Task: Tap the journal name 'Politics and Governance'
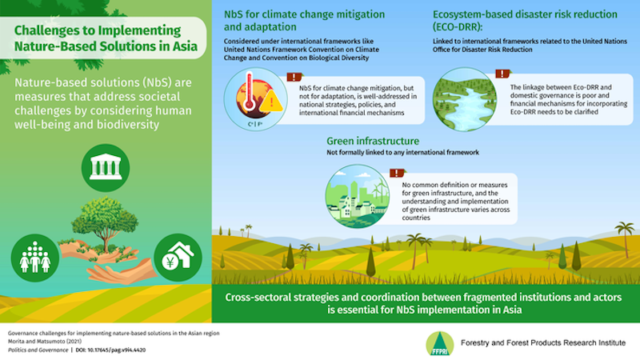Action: (x=33, y=350)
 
